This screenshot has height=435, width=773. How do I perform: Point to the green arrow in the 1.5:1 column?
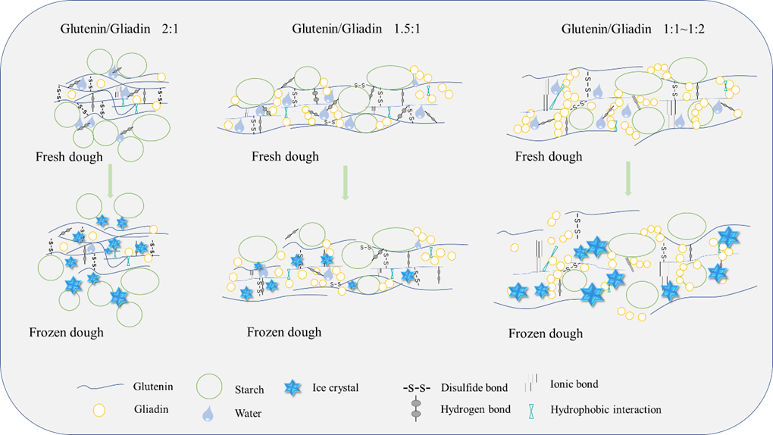click(345, 184)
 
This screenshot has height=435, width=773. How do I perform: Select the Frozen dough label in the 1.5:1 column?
click(284, 332)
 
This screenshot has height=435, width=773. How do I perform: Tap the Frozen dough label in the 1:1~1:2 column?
click(546, 333)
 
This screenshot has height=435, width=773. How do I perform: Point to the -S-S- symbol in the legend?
click(416, 388)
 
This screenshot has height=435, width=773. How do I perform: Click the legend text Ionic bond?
click(574, 384)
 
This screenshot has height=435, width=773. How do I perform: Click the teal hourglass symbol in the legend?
click(537, 410)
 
